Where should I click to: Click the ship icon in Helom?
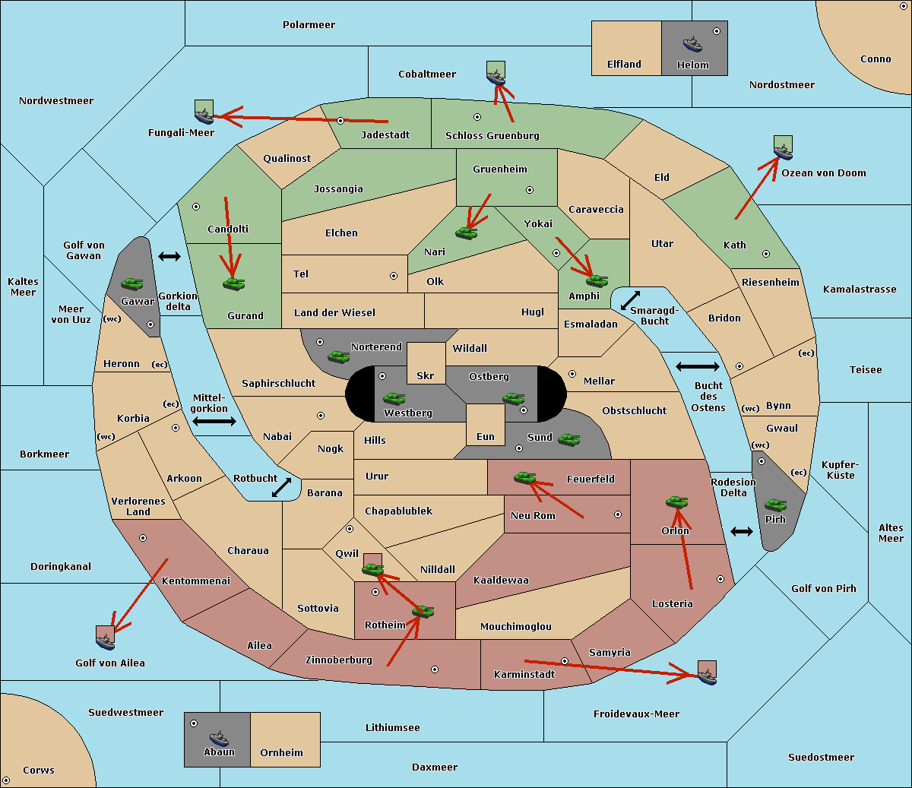click(692, 43)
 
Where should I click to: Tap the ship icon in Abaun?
click(219, 738)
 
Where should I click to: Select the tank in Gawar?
click(132, 283)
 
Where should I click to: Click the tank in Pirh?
click(775, 505)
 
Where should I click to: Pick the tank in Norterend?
click(338, 356)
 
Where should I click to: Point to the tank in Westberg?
click(394, 398)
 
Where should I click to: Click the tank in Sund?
click(568, 439)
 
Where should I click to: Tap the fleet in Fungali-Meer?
click(204, 112)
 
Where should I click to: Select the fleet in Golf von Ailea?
click(106, 638)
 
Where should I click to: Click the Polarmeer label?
click(309, 25)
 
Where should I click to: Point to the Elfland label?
click(624, 65)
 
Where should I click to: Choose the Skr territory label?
click(426, 375)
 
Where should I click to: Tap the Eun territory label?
click(486, 436)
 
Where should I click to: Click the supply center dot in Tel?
click(394, 276)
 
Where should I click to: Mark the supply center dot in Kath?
click(766, 254)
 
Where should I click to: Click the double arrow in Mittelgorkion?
click(214, 421)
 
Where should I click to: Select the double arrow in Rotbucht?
click(281, 488)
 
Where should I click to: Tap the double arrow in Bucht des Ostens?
click(698, 366)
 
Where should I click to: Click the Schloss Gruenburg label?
click(492, 135)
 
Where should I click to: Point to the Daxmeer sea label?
click(435, 767)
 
